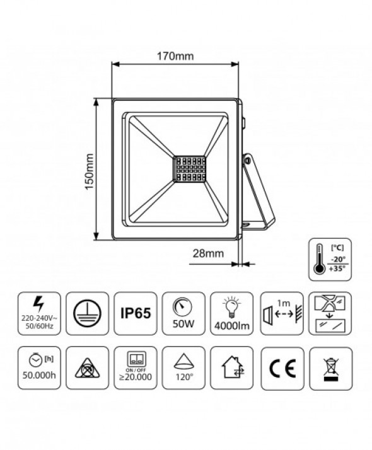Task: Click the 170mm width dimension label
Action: point(175,56)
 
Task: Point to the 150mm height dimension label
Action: point(90,171)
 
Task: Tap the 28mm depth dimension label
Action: point(208,253)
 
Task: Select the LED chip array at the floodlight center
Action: point(189,170)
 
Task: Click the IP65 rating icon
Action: point(136,313)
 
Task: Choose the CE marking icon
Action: point(282,368)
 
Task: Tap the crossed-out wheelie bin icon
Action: point(331,368)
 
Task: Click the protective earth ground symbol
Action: point(87,314)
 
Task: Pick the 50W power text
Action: point(183,324)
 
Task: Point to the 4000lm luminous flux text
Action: point(232,326)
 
